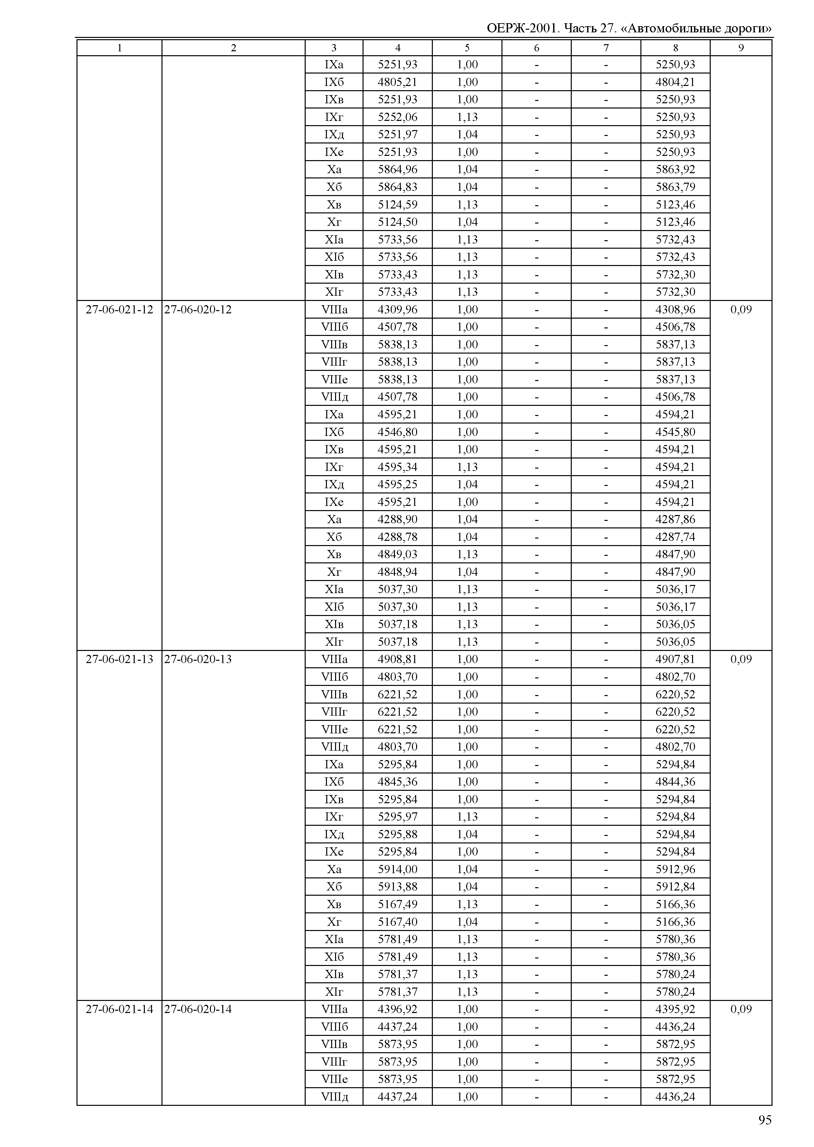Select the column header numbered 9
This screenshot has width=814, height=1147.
pos(741,48)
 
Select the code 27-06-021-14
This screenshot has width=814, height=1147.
pos(119,1009)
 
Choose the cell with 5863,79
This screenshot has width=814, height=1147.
pos(675,187)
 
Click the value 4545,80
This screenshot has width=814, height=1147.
pos(675,432)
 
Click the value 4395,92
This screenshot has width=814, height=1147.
pos(675,1009)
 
